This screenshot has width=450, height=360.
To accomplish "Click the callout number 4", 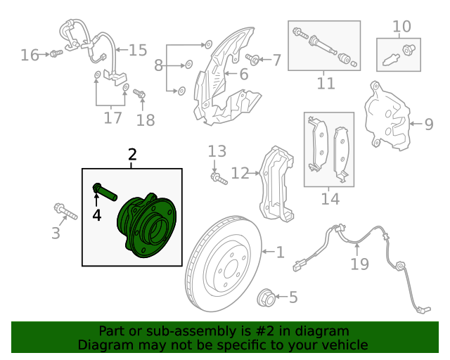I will (97, 215).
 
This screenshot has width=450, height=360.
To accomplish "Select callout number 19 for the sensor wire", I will (359, 264).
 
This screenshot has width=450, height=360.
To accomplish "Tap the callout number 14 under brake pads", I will (330, 199).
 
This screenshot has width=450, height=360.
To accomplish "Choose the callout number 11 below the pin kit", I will (325, 83).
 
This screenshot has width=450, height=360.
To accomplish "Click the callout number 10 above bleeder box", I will (401, 27).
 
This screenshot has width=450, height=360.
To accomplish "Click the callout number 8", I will (159, 65).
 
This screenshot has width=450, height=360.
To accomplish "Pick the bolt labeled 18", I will (139, 94).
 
